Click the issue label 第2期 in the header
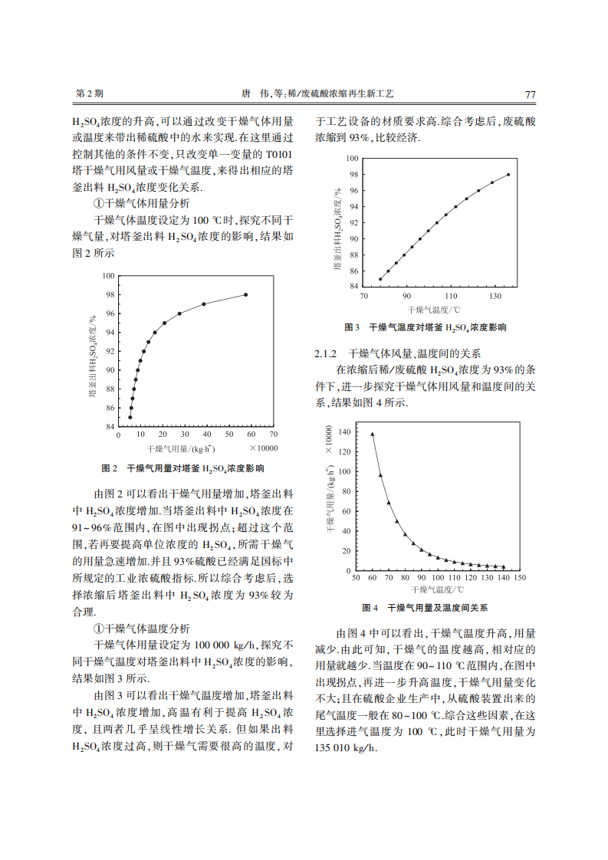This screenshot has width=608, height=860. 89,94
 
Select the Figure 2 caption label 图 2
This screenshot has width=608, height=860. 109,468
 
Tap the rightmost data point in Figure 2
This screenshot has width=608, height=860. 246,294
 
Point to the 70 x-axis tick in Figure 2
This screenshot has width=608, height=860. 274,435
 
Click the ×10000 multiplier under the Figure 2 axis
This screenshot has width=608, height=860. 262,448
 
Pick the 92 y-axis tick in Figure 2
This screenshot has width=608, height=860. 110,351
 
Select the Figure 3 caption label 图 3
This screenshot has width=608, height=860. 353,327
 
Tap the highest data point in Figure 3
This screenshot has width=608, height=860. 508,175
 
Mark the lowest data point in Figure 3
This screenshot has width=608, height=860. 380,279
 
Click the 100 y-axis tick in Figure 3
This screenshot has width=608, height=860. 352,159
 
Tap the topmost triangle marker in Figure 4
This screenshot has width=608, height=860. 373,434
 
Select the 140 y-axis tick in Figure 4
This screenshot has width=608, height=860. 344,432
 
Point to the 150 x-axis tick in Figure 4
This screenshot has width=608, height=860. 520,578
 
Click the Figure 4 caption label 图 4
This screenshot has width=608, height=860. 371,608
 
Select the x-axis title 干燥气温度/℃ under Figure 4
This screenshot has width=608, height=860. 437,590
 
